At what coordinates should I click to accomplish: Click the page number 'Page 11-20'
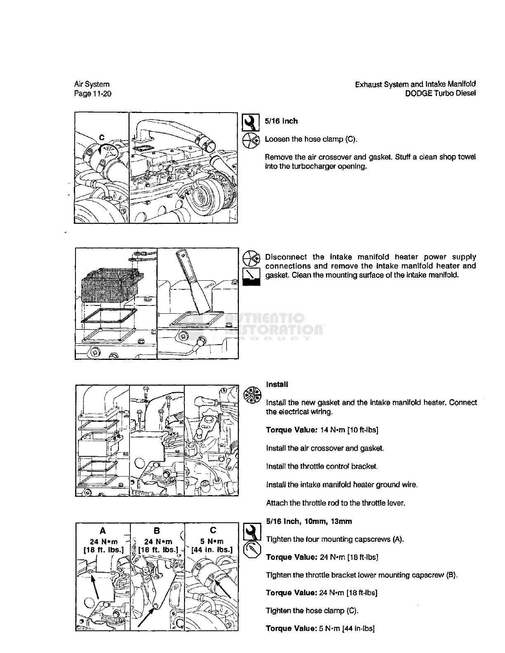click(x=92, y=94)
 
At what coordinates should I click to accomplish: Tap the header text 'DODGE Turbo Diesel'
click(x=440, y=93)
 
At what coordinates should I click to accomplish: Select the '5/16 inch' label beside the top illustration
click(x=281, y=121)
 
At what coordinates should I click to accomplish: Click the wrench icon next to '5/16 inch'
click(x=250, y=122)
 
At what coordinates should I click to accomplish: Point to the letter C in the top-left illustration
click(x=101, y=137)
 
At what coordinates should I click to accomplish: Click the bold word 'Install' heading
click(x=277, y=385)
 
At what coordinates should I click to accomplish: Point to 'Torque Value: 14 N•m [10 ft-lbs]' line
click(x=322, y=430)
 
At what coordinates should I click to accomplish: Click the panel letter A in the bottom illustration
click(x=102, y=531)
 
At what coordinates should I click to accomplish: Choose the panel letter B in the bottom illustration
click(x=157, y=531)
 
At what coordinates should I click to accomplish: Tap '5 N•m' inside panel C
click(x=212, y=541)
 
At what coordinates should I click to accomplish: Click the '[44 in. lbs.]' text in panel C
click(x=212, y=550)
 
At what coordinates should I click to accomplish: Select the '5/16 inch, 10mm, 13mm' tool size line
click(x=309, y=521)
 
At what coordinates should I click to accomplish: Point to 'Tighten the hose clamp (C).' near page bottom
click(x=312, y=611)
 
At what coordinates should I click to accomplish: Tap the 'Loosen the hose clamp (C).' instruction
click(x=311, y=139)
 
